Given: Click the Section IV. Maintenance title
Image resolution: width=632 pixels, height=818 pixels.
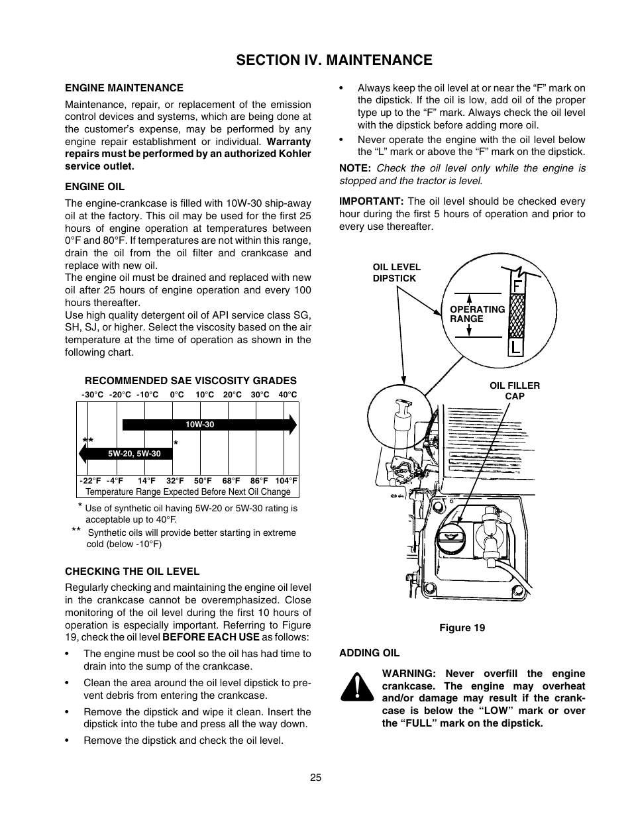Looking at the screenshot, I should click(334, 60).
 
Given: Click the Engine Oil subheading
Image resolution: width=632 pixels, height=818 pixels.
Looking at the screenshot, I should click(95, 187).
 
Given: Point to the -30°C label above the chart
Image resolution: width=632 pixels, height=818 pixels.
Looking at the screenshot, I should click(92, 395).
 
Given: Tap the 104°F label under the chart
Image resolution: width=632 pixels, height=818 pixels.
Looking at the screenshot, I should click(286, 481).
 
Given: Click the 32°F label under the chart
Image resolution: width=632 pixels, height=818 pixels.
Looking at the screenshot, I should click(175, 481).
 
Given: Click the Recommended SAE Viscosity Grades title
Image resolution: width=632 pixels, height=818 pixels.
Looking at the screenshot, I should click(190, 381).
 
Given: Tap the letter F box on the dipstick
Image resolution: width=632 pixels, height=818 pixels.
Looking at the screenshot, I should click(516, 287).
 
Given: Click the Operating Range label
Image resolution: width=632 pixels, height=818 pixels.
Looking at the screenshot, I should click(477, 314).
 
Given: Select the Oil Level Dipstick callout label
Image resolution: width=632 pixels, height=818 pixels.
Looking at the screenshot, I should click(396, 273).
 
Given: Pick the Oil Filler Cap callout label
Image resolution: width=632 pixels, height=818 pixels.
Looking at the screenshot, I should click(515, 391).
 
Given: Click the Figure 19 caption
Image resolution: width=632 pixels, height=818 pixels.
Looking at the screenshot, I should click(462, 628).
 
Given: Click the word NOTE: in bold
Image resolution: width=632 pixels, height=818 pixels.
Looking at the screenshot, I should click(354, 168).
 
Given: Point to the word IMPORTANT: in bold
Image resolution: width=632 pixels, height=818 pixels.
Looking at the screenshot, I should click(371, 201).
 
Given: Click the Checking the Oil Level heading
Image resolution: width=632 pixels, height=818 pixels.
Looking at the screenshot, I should click(132, 571).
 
